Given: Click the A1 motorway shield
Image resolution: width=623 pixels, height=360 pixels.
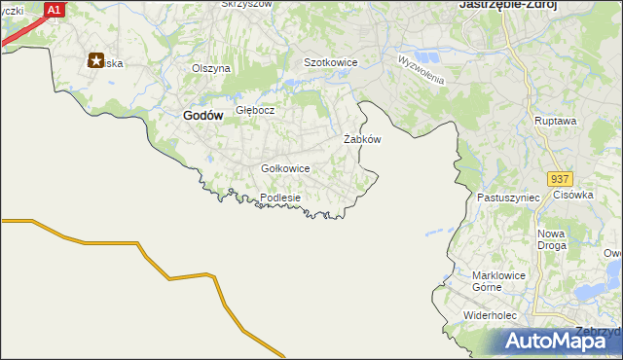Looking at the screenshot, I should [55, 10].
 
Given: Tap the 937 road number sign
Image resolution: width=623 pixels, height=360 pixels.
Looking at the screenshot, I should [559, 180].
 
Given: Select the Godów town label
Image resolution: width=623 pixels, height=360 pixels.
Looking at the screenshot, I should [203, 115].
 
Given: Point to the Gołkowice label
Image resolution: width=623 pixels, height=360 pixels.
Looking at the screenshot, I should [285, 168].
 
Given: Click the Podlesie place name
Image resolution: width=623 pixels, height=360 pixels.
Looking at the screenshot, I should [280, 198].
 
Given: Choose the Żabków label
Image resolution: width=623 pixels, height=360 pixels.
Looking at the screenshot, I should [362, 139].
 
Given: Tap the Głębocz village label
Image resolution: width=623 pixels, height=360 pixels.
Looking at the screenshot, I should [255, 110].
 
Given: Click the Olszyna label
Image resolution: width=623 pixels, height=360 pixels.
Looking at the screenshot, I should [210, 68].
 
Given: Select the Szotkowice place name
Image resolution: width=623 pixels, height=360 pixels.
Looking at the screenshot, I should [331, 62].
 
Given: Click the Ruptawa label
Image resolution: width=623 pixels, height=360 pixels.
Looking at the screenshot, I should [556, 121].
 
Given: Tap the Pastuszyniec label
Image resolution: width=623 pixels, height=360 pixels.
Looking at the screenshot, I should [508, 198].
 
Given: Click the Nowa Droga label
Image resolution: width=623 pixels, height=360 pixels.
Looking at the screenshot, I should [551, 239].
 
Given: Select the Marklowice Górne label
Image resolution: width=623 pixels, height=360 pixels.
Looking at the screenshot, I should [499, 280].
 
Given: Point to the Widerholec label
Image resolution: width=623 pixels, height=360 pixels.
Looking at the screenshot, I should [495, 316].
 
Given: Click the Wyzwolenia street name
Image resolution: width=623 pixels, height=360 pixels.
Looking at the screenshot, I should [421, 69].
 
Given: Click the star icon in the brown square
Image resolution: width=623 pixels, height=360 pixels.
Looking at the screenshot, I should [96, 60].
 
